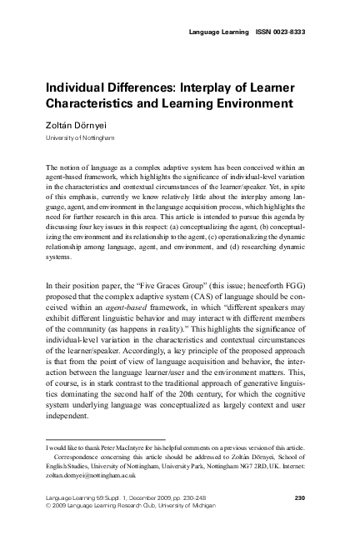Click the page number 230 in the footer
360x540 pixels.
click(303, 497)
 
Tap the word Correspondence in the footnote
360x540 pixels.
click(80, 457)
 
